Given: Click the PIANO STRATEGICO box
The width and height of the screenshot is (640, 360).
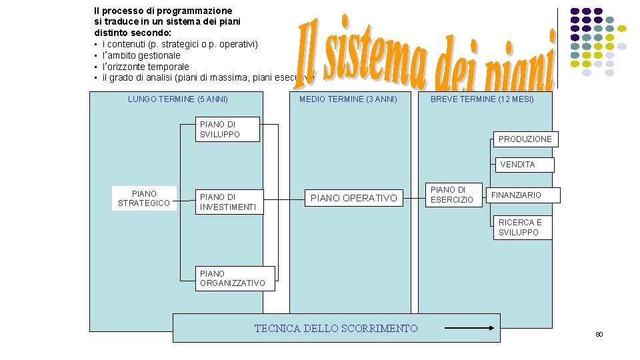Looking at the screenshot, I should click(144, 199).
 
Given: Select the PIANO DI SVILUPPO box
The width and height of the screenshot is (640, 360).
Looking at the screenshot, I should click(220, 129).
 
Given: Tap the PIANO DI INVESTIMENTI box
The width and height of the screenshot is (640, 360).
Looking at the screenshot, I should click(228, 202).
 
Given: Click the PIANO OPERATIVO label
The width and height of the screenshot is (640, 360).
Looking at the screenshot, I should click(353, 198).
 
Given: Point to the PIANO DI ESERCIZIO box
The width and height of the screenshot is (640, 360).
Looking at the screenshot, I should click(452, 195).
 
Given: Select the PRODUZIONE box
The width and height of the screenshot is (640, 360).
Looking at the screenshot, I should click(525, 139).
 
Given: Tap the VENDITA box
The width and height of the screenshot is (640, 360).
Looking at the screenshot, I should click(517, 164).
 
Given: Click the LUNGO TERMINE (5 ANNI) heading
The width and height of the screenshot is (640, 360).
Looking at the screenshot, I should click(178, 99).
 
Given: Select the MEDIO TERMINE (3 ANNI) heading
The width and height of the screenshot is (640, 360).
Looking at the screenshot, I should click(348, 99).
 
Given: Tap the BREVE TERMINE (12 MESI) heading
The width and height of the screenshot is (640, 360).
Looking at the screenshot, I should click(482, 99).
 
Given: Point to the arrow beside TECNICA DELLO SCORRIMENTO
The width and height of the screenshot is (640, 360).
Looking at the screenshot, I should click(471, 327).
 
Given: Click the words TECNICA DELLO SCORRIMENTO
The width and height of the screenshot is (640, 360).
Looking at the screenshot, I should click(336, 328).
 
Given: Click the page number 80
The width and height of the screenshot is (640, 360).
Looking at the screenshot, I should click(599, 334).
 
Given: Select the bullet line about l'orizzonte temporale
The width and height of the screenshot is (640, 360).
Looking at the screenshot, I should click(145, 67).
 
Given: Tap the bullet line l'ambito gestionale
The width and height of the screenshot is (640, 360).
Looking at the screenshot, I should click(141, 55).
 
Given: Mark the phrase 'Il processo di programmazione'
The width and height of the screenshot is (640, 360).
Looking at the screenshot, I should click(163, 11).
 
